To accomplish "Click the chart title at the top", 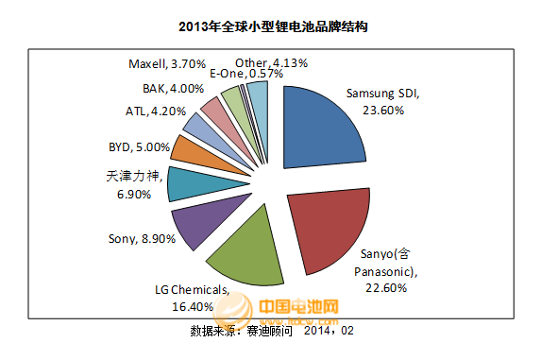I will pos(272,27).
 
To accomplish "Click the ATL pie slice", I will pos(199,126).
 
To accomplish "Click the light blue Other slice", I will pos(259,94).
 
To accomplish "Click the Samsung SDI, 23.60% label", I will pos(382,102).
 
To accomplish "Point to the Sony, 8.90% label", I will pos(139,240).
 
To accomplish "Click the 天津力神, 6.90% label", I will pos(133,183).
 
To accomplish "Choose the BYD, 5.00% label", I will pos(140,147).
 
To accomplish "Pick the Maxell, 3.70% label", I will pos(164,63).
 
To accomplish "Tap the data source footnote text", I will pos(272,332).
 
